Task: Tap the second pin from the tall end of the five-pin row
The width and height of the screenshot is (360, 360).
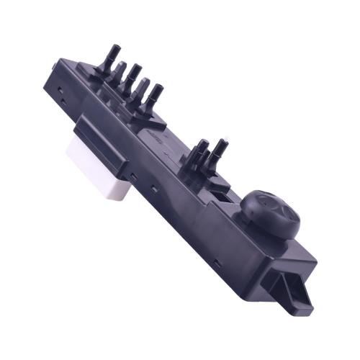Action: pos(121,71)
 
